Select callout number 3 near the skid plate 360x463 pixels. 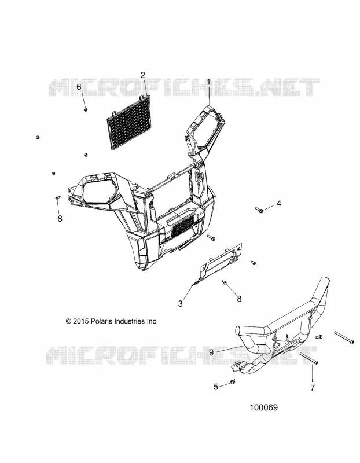181,303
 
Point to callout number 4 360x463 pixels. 278,204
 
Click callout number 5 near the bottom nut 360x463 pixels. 216,387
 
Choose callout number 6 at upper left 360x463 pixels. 79,87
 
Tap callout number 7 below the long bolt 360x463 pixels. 313,388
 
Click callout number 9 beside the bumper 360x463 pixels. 211,352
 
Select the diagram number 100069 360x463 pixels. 264,407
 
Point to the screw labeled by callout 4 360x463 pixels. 259,210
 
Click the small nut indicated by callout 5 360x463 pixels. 232,382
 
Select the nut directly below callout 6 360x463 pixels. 85,109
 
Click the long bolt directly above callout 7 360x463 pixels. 308,358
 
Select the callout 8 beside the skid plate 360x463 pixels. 239,299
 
